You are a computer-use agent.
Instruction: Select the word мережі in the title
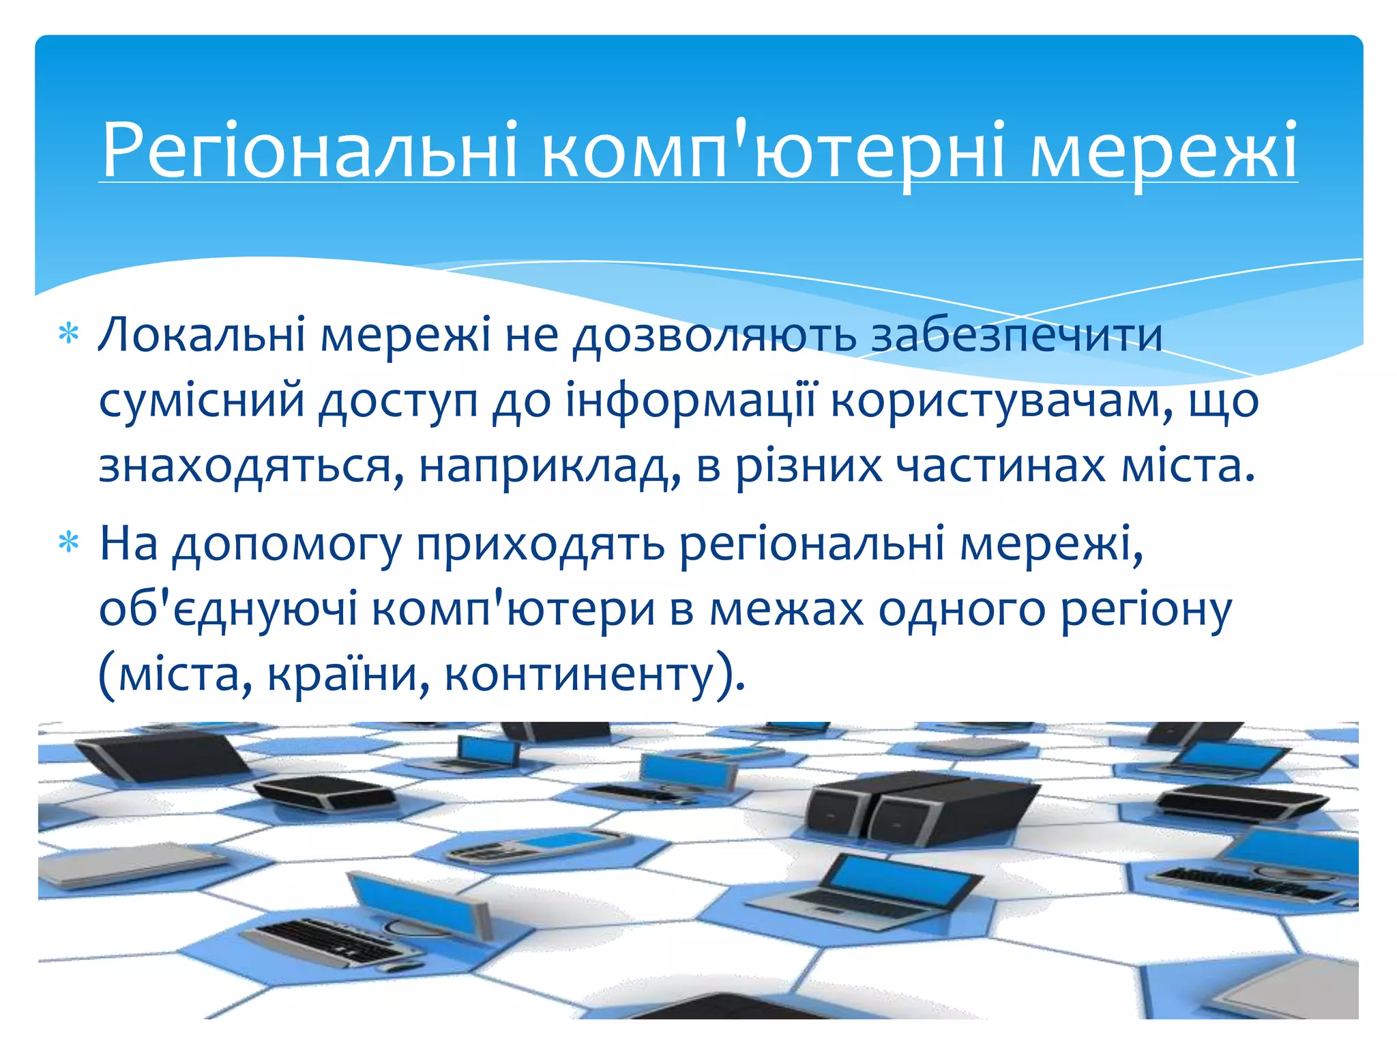pyautogui.click(x=1162, y=150)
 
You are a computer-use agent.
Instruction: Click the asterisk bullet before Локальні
pyautogui.click(x=69, y=334)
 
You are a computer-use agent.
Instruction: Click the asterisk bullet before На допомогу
pyautogui.click(x=69, y=543)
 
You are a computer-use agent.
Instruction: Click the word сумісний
pyautogui.click(x=201, y=401)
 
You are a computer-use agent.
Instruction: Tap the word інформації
pyautogui.click(x=690, y=401)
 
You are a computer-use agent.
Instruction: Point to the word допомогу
pyautogui.click(x=286, y=544)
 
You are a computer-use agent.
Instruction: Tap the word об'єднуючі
pyautogui.click(x=228, y=609)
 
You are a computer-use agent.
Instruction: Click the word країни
pyautogui.click(x=348, y=675)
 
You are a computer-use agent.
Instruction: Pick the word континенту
pyautogui.click(x=587, y=675)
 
